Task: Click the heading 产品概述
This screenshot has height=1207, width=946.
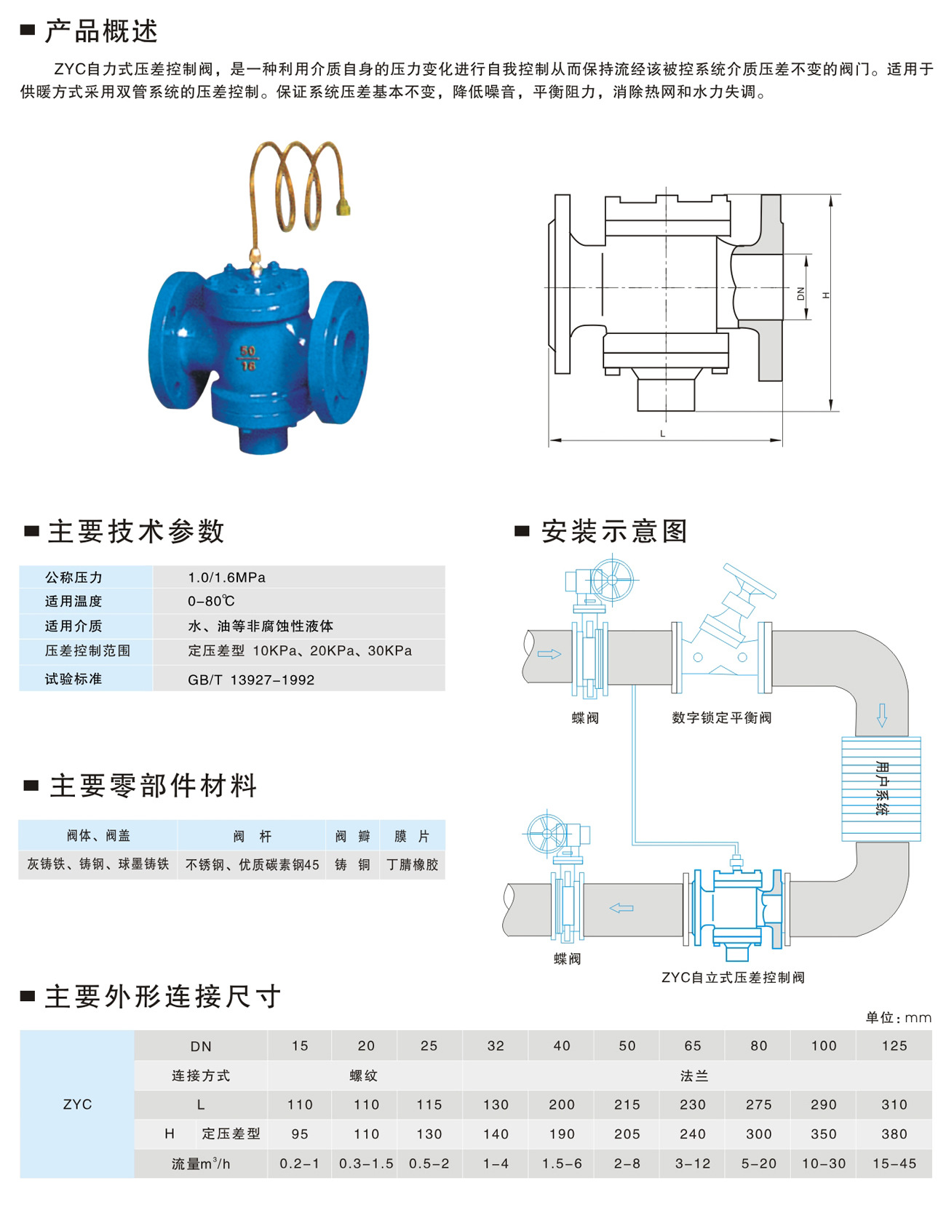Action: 101,31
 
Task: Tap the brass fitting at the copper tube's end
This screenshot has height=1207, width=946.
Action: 342,209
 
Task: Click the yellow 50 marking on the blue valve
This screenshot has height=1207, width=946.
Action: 248,351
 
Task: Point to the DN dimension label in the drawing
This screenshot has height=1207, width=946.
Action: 800,293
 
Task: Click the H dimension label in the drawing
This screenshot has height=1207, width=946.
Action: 825,295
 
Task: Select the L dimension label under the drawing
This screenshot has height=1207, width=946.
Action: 662,434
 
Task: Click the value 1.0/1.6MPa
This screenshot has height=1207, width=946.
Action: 226,578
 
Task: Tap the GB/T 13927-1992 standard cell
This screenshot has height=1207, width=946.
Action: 251,680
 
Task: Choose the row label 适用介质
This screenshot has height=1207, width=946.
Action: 73,626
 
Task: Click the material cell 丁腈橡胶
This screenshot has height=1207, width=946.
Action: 413,865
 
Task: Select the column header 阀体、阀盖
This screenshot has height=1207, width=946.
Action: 98,836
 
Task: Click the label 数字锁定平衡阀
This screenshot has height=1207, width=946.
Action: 721,718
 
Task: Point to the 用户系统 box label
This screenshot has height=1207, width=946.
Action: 882,788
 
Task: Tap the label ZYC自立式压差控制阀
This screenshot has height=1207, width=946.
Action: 733,977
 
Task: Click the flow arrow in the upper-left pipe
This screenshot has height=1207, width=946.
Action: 549,654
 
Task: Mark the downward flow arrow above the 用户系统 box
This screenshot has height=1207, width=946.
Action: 882,715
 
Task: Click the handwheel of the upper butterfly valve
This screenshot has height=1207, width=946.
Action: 612,579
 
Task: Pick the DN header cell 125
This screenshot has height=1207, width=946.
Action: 894,1046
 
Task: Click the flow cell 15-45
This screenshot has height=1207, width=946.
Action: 894,1164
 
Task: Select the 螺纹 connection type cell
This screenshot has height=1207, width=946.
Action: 364,1076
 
